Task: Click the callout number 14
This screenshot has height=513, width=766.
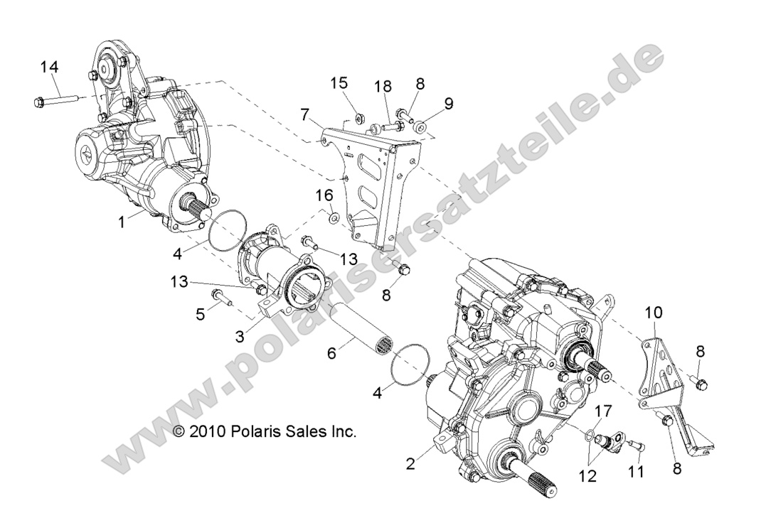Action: coord(49,67)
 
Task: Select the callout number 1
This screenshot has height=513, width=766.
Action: coord(122,222)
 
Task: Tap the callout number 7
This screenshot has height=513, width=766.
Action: coord(304,114)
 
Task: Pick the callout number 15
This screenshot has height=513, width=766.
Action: coord(339,83)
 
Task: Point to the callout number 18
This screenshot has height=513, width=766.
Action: coord(383,87)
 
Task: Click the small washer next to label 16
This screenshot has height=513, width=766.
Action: coord(334,215)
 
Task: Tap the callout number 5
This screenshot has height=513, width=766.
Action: coord(198,313)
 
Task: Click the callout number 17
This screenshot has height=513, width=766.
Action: coord(602,410)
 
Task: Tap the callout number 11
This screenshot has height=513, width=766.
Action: coord(636,471)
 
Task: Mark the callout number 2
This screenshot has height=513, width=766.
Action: coord(410,465)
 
